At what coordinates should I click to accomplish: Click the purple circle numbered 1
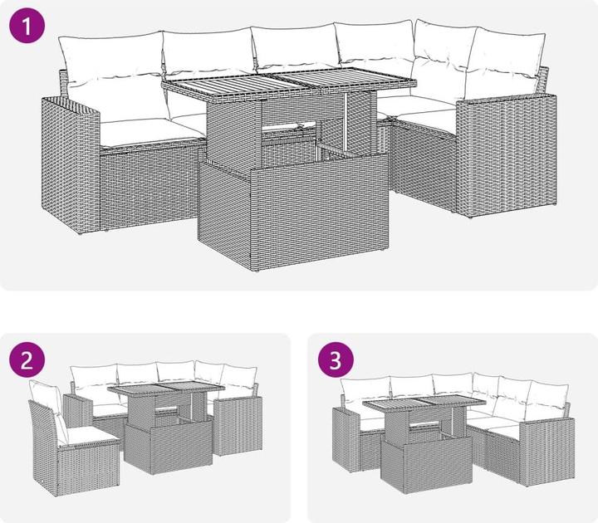27,25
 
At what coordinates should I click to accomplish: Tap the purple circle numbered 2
27,359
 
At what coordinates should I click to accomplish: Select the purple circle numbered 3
336,359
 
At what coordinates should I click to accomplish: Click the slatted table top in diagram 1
289,85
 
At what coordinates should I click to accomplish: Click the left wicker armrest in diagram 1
71,164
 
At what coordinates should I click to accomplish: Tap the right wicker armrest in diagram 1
507,154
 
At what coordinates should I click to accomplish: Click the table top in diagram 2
166,392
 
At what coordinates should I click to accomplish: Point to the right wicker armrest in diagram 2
238,426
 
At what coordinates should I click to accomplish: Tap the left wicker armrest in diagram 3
346,439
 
